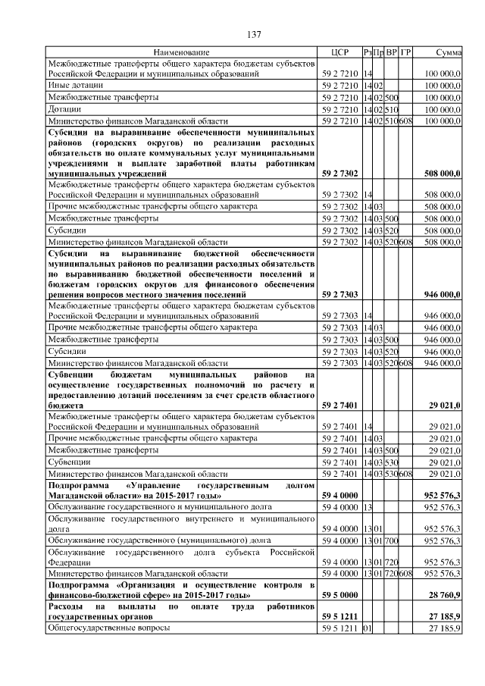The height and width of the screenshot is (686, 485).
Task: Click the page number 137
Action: [x=255, y=35]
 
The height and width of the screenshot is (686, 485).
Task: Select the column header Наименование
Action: [x=181, y=52]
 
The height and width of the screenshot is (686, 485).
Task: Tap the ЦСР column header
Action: [x=339, y=52]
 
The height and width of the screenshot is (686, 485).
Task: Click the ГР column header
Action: [x=406, y=52]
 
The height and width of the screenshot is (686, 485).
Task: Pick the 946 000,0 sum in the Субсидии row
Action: [x=443, y=352]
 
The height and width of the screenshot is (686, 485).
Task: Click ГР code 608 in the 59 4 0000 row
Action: [x=405, y=575]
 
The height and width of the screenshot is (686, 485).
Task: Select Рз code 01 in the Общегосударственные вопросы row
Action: [x=368, y=629]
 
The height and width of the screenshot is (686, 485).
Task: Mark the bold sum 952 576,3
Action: [x=443, y=494]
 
